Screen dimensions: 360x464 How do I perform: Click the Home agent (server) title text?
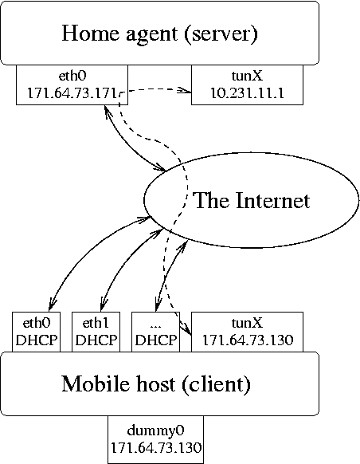tap(159, 33)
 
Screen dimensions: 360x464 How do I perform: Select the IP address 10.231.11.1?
tap(247, 93)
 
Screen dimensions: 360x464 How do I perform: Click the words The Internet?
tap(251, 200)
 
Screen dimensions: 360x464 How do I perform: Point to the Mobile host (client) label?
tap(156, 383)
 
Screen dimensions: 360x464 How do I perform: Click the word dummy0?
tap(155, 431)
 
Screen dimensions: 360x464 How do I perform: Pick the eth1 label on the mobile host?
tap(96, 323)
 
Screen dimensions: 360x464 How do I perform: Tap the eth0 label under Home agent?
tap(72, 76)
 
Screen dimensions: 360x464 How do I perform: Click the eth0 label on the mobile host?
tap(37, 323)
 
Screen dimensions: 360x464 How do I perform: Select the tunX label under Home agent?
tap(247, 76)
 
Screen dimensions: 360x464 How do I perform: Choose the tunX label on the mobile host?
tap(247, 323)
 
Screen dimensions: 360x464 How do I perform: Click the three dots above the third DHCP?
tap(155, 326)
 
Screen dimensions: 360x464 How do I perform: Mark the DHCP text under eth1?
tap(96, 340)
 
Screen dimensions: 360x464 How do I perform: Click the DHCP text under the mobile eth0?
tap(37, 340)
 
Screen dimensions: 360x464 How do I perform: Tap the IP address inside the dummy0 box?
tap(156, 447)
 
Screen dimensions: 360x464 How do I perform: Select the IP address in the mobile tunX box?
tap(248, 340)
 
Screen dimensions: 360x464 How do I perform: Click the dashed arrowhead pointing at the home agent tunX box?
tap(185, 90)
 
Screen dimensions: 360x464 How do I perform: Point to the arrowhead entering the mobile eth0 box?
tap(53, 305)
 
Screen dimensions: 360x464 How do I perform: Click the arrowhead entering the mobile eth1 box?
tap(104, 305)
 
